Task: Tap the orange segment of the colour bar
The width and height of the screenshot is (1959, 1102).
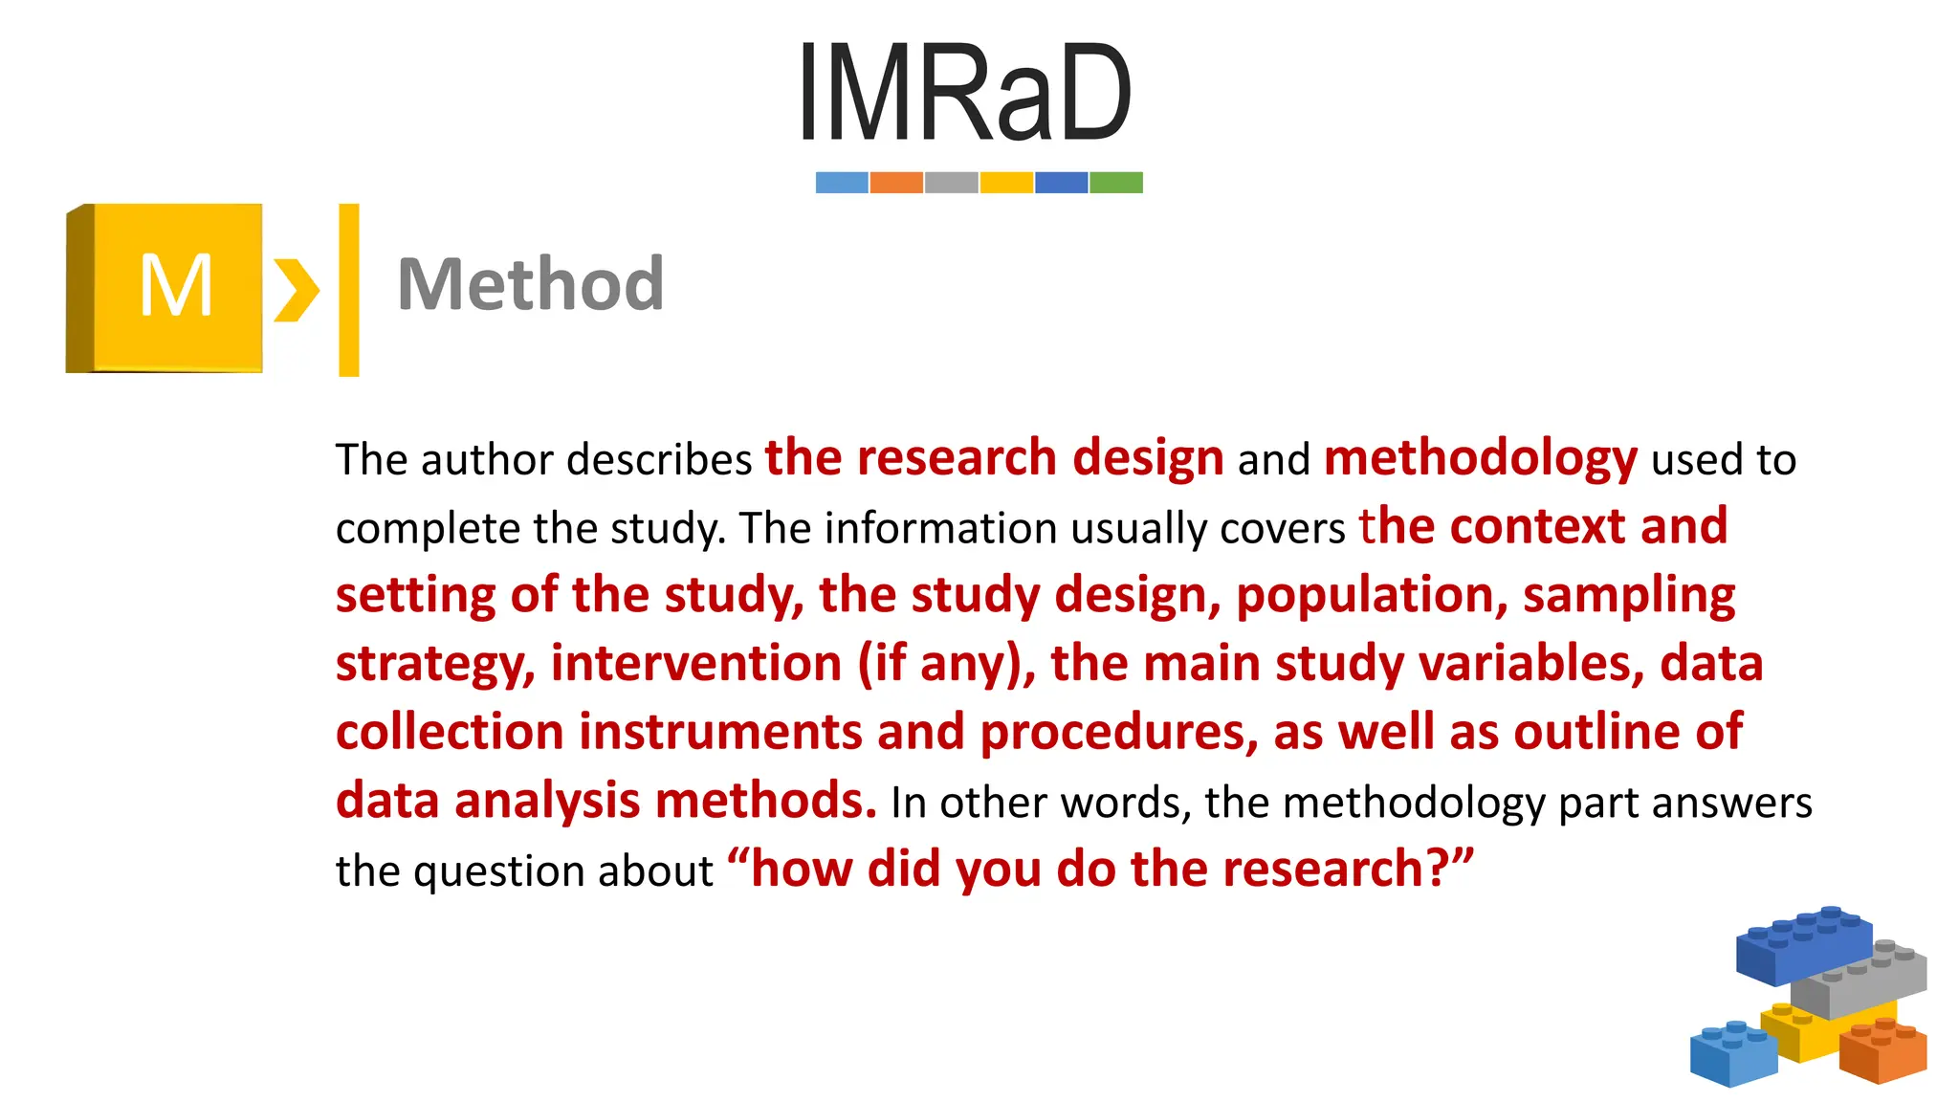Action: tap(896, 183)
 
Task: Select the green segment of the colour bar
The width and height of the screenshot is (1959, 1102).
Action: tap(1116, 183)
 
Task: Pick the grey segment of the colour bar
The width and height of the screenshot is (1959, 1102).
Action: tap(952, 183)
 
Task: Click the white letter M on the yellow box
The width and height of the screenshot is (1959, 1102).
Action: tap(176, 286)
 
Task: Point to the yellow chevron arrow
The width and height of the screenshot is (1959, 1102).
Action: tap(296, 289)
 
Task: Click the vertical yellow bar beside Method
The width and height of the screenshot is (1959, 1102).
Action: tap(349, 290)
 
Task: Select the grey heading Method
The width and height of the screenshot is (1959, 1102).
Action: tap(530, 284)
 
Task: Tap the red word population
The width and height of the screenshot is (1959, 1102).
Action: tap(1365, 596)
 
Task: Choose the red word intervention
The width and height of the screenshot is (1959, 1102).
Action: tap(695, 664)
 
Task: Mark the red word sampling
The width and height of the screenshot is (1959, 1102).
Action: tap(1628, 596)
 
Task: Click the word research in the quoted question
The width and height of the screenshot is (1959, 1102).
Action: tap(1323, 870)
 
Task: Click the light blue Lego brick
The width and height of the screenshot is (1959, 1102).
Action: tap(1732, 1054)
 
